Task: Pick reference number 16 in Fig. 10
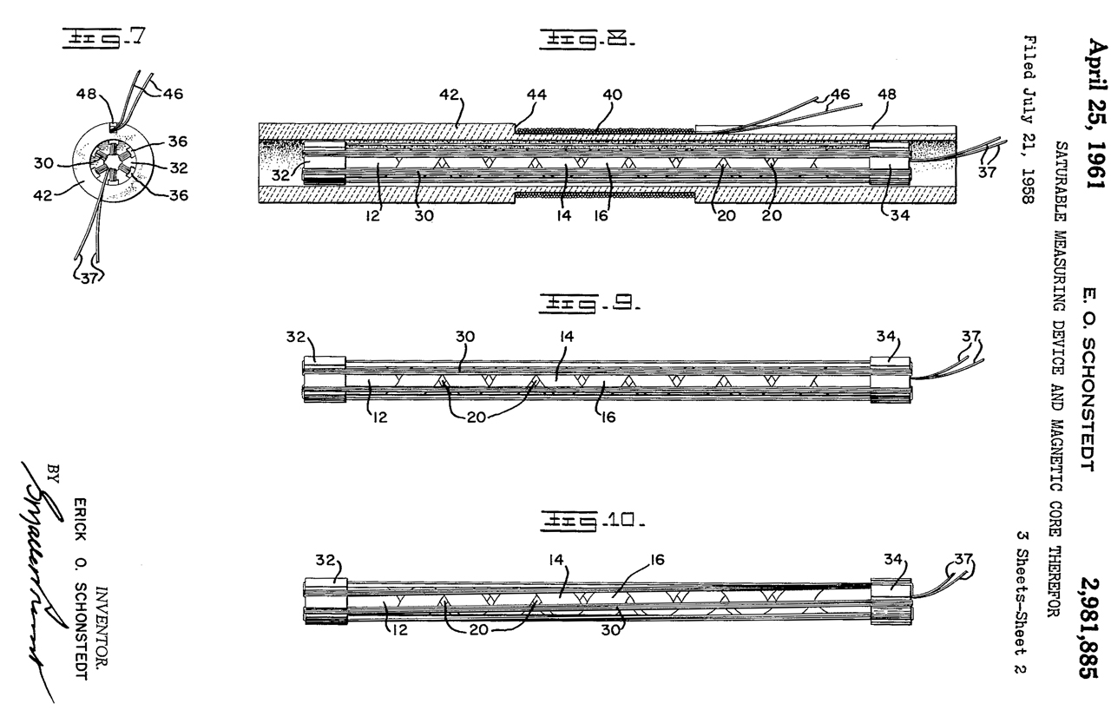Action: tap(657, 562)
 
